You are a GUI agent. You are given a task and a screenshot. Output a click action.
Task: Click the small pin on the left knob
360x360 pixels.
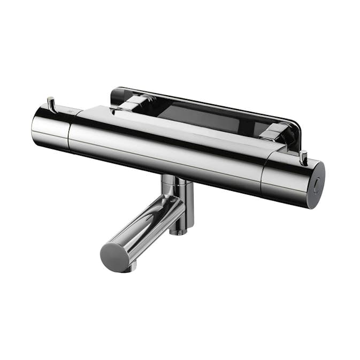[x=51, y=102]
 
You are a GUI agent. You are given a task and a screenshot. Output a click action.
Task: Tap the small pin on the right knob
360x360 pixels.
[x=304, y=157]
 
